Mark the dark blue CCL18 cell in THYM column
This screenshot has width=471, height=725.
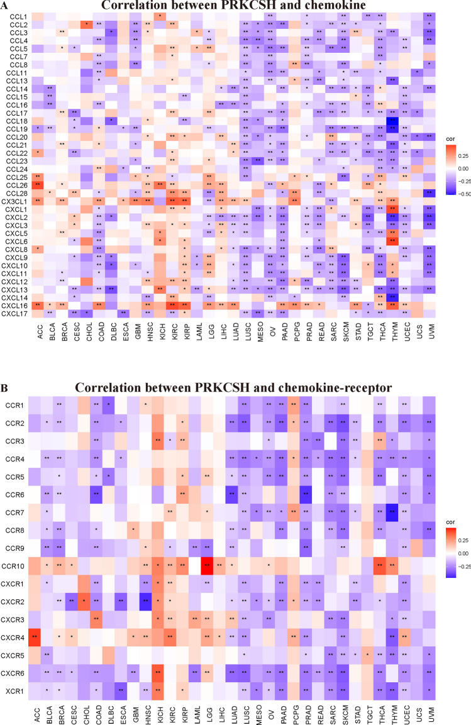point(394,119)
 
